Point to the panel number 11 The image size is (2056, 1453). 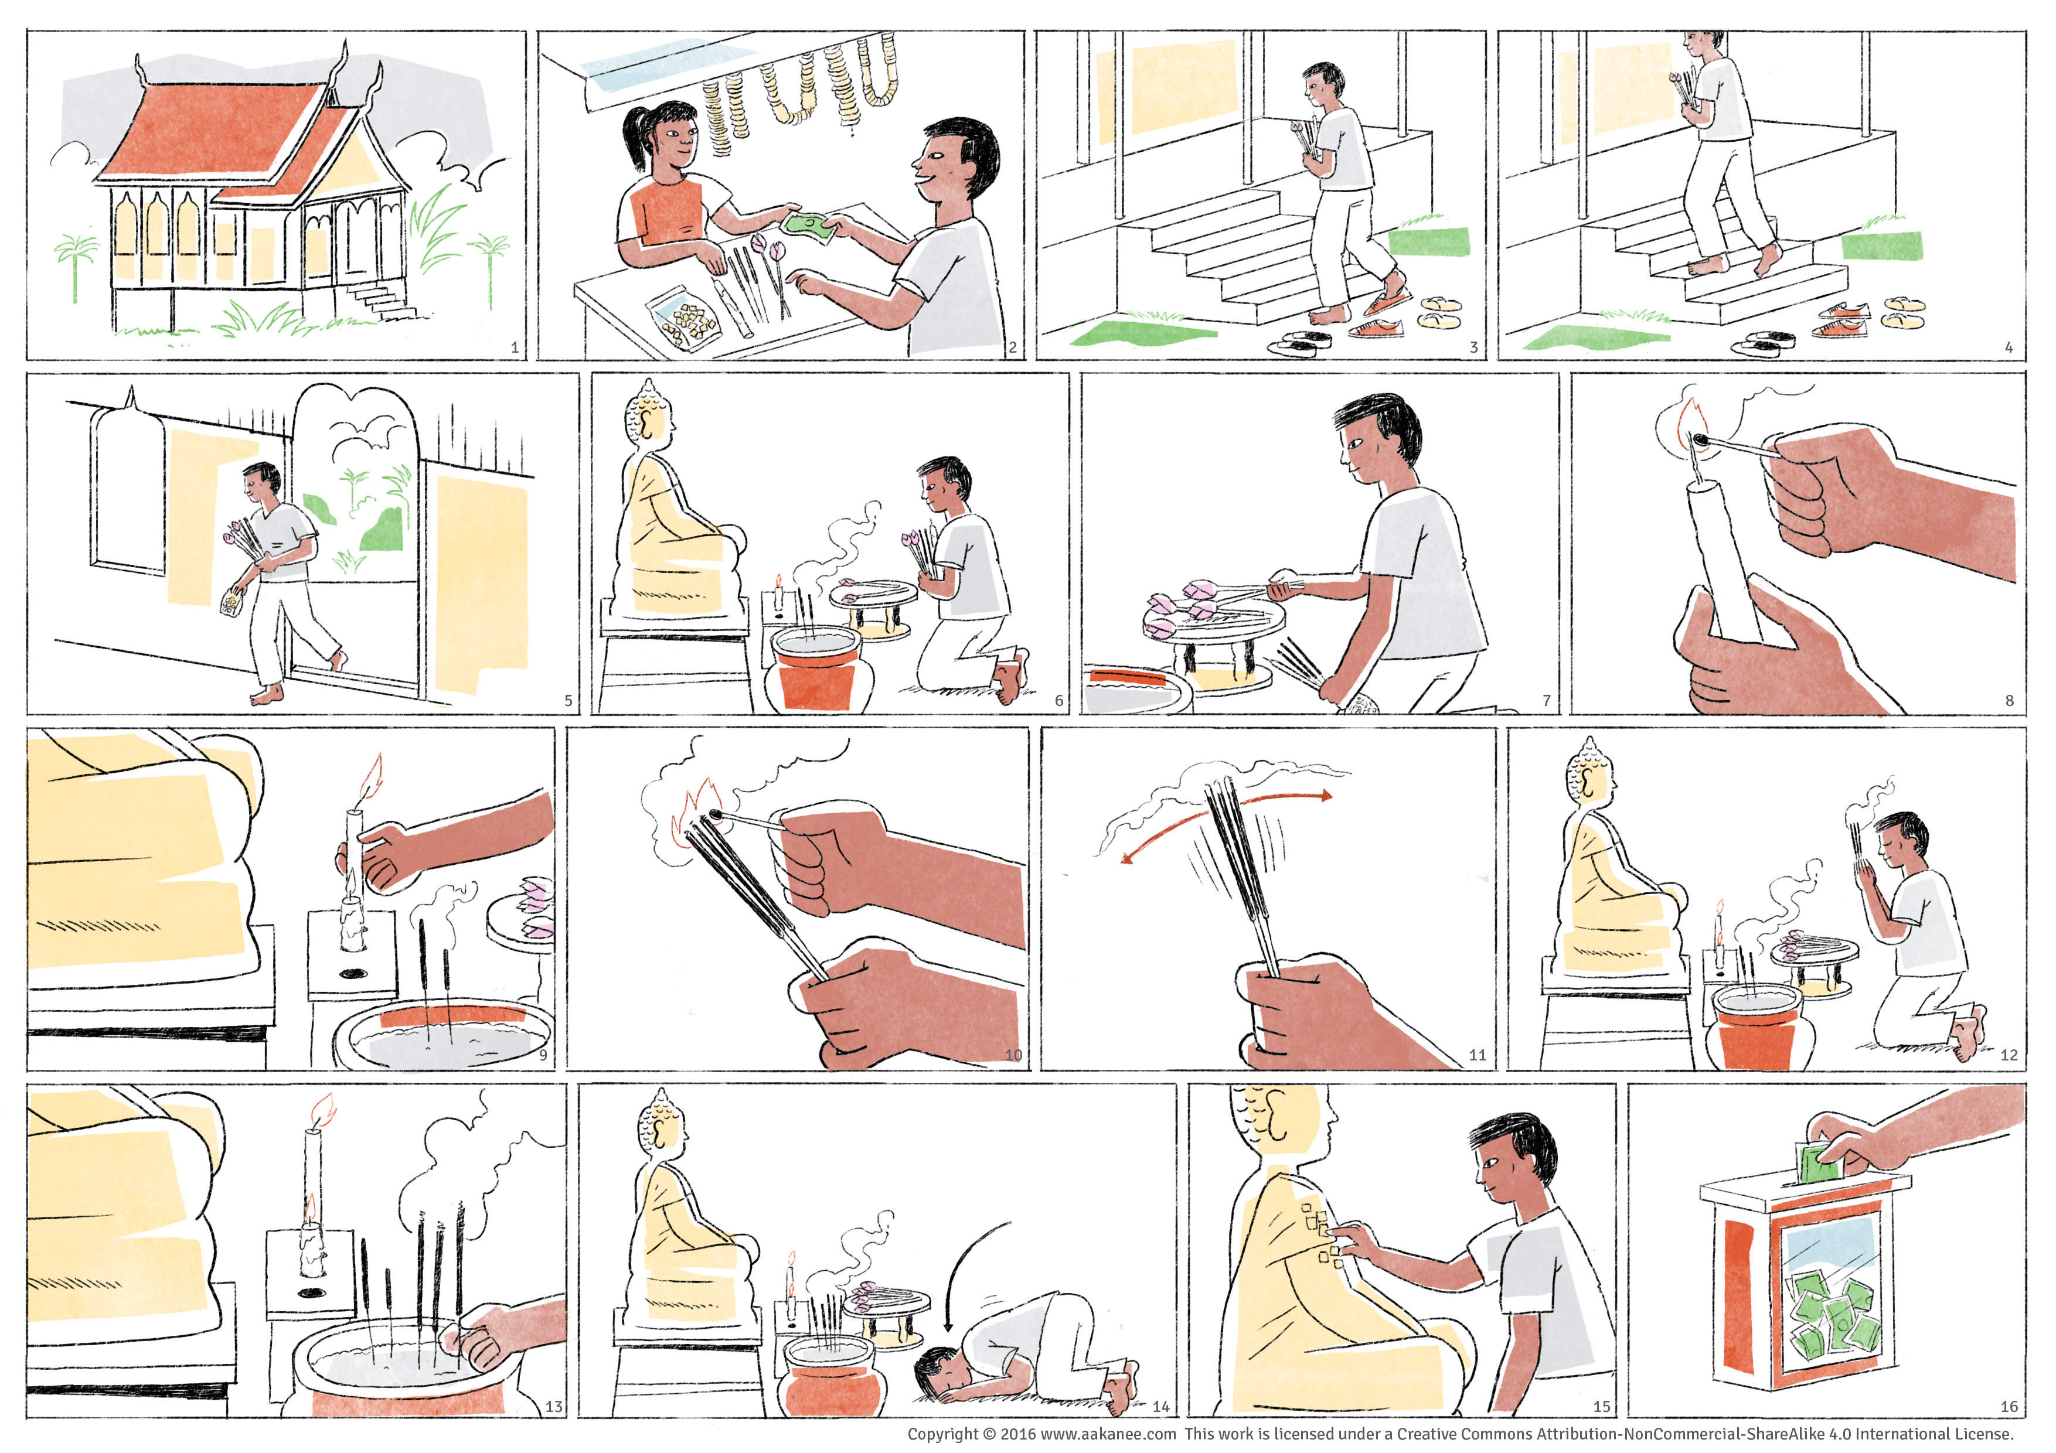tap(1478, 1056)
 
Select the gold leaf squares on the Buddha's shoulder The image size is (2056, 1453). tap(1322, 1234)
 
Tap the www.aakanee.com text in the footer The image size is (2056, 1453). tap(1109, 1434)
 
